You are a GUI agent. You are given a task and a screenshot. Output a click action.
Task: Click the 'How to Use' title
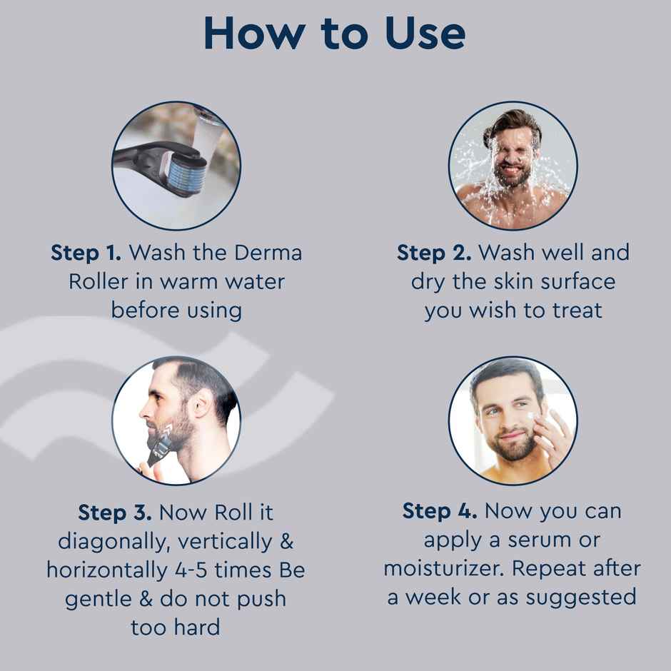pyautogui.click(x=335, y=34)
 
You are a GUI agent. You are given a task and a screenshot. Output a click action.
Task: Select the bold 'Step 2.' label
pyautogui.click(x=434, y=253)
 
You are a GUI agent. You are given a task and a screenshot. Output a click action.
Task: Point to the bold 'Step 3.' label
pyautogui.click(x=114, y=513)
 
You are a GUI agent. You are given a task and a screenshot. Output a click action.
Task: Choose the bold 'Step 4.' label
pyautogui.click(x=439, y=511)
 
